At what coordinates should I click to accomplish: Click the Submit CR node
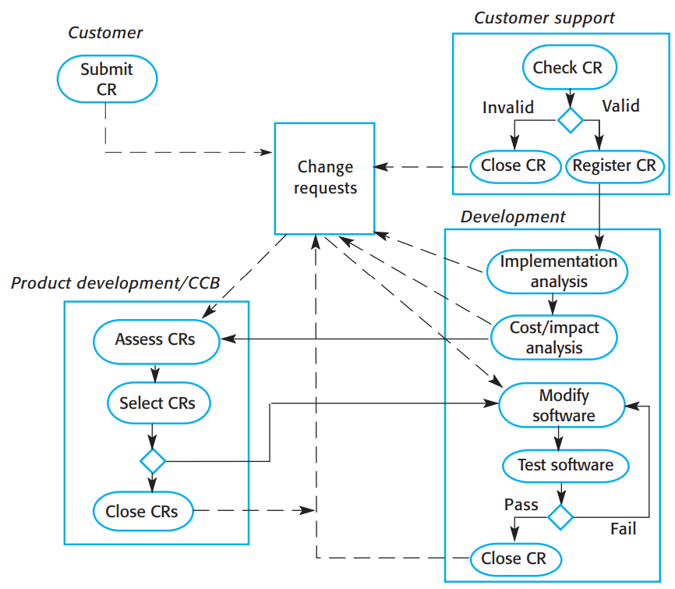[x=107, y=79]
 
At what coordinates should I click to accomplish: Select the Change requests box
[x=324, y=178]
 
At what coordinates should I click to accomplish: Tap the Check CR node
[x=567, y=68]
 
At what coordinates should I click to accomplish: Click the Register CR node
[x=614, y=165]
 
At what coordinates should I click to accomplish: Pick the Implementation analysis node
[x=558, y=271]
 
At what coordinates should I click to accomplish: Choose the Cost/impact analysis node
[x=553, y=337]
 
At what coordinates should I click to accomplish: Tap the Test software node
[x=566, y=465]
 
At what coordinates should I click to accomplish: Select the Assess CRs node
[x=155, y=339]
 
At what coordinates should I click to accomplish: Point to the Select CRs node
[x=157, y=403]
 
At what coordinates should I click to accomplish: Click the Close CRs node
[x=142, y=512]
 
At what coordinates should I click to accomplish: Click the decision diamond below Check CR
[x=570, y=120]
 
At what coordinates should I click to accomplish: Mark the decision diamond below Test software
[x=560, y=516]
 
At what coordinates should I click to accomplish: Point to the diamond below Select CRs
[x=152, y=460]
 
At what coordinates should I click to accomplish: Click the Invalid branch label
[x=508, y=106]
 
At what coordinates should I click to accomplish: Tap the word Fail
[x=622, y=529]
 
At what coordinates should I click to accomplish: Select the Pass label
[x=521, y=505]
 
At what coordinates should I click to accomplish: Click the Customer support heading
[x=544, y=18]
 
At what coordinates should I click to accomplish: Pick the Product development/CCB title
[x=115, y=282]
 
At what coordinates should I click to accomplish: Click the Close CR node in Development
[x=514, y=558]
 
